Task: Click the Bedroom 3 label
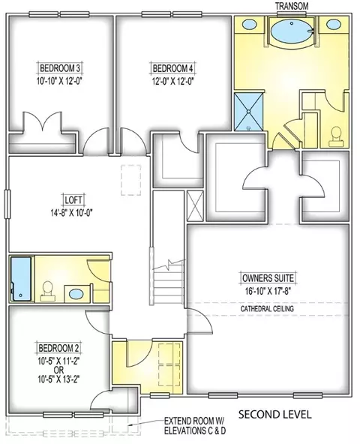coord(60,68)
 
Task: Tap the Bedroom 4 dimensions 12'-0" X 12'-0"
coord(172,82)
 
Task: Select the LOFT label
coord(73,200)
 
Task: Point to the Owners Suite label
coord(268,278)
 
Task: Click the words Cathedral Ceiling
coord(267,309)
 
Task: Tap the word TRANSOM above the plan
coord(292,6)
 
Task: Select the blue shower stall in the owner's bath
coord(248,112)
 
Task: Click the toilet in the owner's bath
coord(336,136)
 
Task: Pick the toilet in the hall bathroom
coord(46,291)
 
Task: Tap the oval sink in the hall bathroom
coord(76,294)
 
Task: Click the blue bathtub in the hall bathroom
coord(21,279)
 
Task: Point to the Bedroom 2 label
coord(58,348)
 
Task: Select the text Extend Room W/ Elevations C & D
coord(195,425)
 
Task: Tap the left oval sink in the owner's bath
coord(249,24)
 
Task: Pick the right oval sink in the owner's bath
coord(334,24)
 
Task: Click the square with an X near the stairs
coord(195,205)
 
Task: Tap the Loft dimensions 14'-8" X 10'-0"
coord(72,213)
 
